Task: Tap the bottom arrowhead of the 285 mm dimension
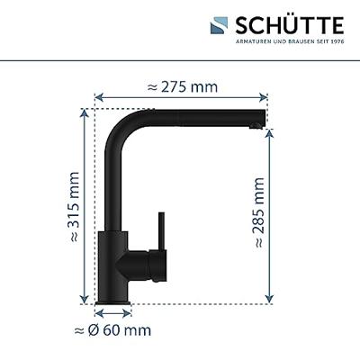[x=270, y=301]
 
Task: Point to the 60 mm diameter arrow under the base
[x=113, y=312]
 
